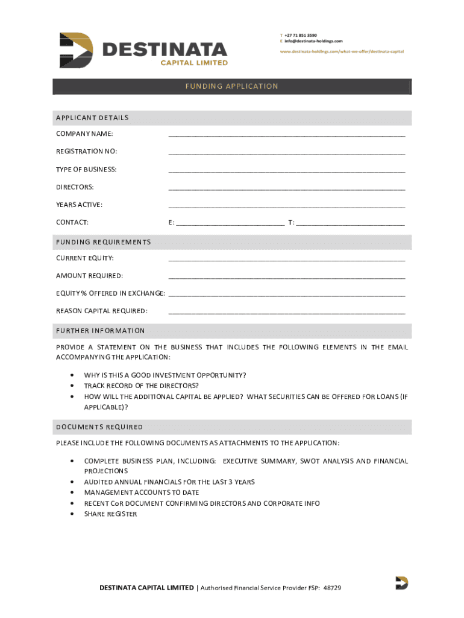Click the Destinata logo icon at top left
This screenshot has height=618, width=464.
pyautogui.click(x=76, y=50)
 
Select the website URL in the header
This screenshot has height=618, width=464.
pyautogui.click(x=342, y=51)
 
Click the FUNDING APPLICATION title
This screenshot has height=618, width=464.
pyautogui.click(x=231, y=86)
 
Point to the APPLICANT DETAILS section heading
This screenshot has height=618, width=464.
pyautogui.click(x=92, y=118)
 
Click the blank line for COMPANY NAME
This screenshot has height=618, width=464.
pyautogui.click(x=287, y=135)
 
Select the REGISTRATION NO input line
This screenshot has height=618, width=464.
pyautogui.click(x=287, y=153)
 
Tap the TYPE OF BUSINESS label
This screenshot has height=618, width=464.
pyautogui.click(x=86, y=170)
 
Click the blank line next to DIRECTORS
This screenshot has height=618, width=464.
pyautogui.click(x=287, y=188)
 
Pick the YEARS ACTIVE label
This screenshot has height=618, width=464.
pyautogui.click(x=79, y=205)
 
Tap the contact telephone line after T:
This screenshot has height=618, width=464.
pyautogui.click(x=351, y=224)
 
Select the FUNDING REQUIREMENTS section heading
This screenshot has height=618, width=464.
pyautogui.click(x=103, y=242)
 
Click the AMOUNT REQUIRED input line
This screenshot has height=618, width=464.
pyautogui.click(x=287, y=277)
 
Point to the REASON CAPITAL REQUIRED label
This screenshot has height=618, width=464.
pyautogui.click(x=101, y=311)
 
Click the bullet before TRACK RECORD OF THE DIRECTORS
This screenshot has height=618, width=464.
pyautogui.click(x=72, y=386)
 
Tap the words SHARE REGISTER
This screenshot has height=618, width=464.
pyautogui.click(x=110, y=514)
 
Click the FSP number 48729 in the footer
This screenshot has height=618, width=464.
pyautogui.click(x=332, y=588)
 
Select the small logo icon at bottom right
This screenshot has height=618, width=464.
pyautogui.click(x=401, y=583)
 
